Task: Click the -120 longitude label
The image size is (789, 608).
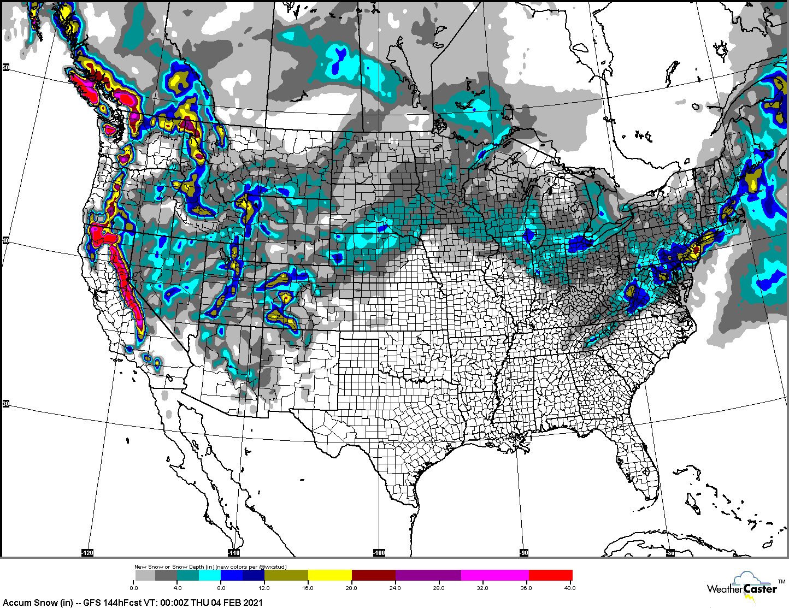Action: (87, 553)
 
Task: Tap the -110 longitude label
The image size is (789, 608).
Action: (233, 553)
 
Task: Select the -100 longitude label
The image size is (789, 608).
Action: (379, 553)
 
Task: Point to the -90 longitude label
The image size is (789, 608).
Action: (523, 553)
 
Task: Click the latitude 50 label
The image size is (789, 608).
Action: (5, 67)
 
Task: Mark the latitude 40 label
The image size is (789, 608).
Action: (5, 240)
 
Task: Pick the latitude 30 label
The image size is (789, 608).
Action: (5, 404)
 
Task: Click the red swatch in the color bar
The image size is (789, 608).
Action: (550, 575)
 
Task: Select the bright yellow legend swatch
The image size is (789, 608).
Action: (329, 575)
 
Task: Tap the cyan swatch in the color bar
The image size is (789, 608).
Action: (210, 575)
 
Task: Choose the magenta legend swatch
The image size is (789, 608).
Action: (494, 575)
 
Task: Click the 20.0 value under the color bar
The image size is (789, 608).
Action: (351, 588)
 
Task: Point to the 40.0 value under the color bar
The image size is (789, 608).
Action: (569, 588)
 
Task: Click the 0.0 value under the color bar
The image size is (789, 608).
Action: (134, 588)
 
